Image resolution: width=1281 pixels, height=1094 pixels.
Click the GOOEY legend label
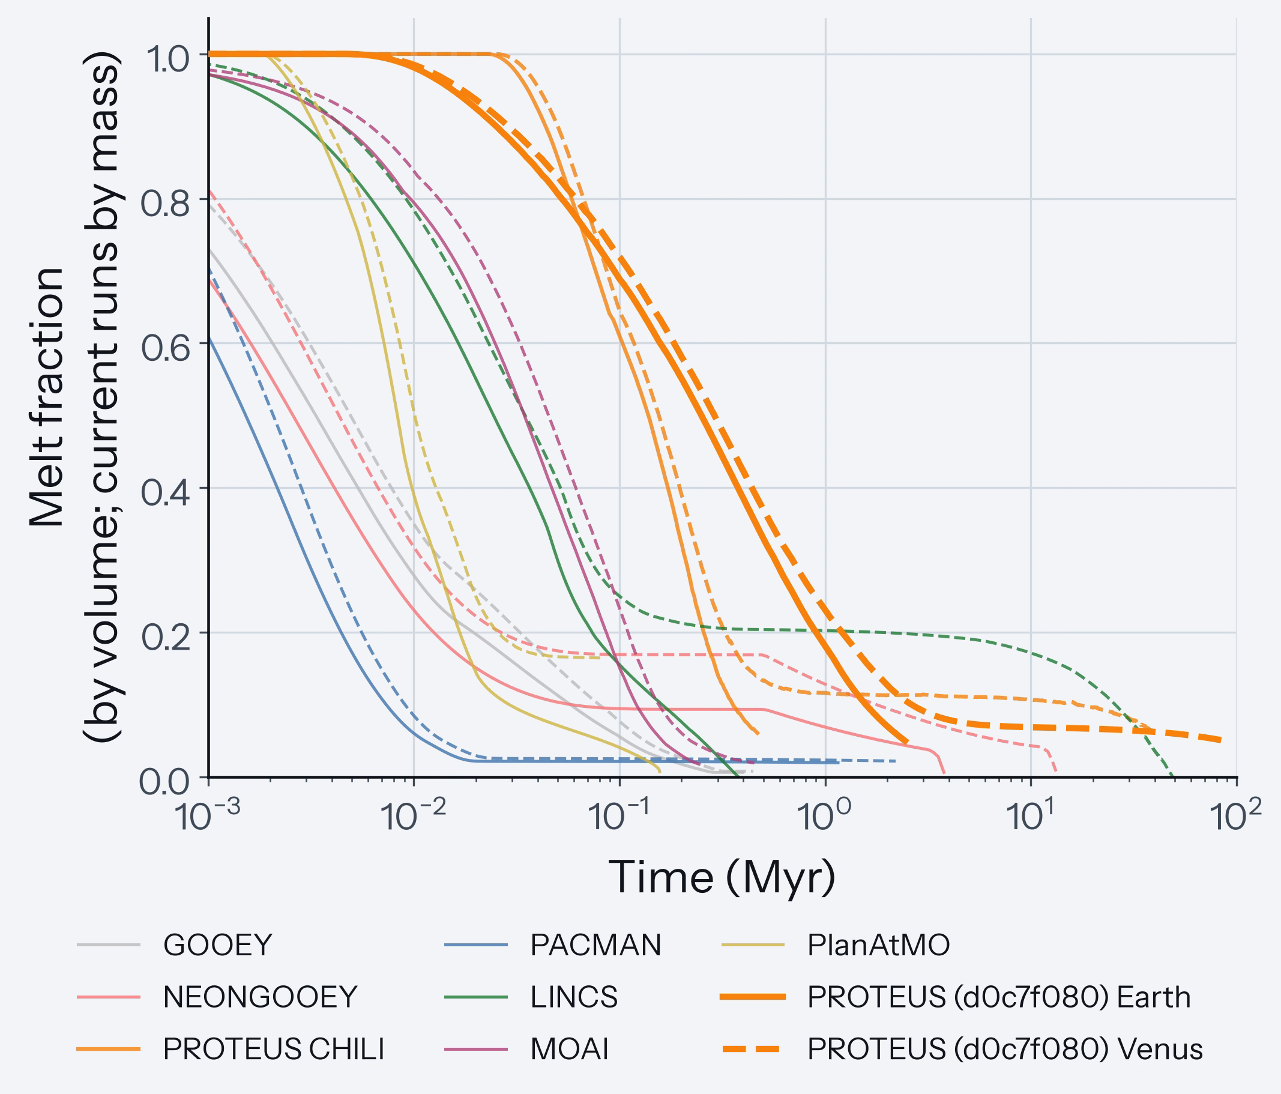point(218,945)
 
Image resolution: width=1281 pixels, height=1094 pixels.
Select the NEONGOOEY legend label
point(261,997)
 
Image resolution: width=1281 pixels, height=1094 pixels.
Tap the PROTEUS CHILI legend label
point(274,1049)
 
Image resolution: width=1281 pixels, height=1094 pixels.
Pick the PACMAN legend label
point(595,945)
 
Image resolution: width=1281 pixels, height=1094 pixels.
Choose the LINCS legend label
point(574,997)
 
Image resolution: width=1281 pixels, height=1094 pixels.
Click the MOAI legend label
point(570,1049)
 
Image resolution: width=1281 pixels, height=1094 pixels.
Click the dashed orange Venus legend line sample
point(752,1049)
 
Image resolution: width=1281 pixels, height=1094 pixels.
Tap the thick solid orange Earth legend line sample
point(752,997)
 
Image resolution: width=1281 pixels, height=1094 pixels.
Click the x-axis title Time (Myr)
point(722,877)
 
